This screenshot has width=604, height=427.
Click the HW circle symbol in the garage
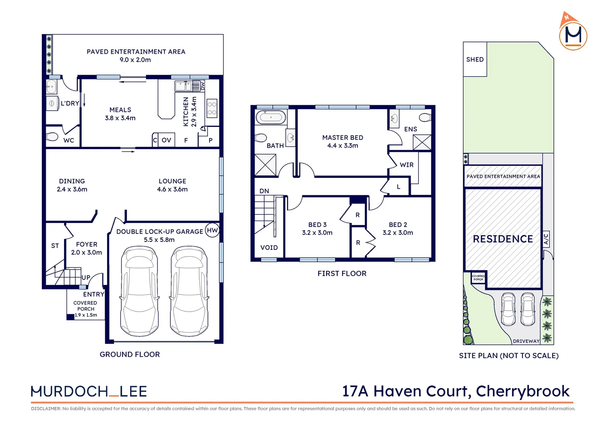(212, 231)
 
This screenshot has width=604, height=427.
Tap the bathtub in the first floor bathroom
(271, 117)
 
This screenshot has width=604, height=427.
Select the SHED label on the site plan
(475, 59)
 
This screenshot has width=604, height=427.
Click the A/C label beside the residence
(546, 239)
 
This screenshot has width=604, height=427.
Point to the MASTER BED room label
(342, 138)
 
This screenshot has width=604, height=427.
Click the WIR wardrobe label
(406, 165)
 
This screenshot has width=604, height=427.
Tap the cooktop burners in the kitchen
(212, 108)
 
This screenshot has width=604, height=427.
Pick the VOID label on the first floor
(269, 248)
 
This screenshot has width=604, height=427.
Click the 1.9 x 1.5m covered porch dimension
(86, 315)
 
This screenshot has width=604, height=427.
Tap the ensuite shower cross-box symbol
(422, 142)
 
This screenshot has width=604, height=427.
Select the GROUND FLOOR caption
(130, 355)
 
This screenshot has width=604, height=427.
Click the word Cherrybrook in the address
(523, 391)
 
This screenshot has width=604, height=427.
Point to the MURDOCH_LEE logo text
(89, 391)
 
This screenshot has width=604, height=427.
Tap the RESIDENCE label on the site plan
(503, 239)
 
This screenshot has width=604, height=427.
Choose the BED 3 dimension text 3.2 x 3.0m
(317, 233)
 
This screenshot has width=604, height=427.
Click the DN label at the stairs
(264, 191)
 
